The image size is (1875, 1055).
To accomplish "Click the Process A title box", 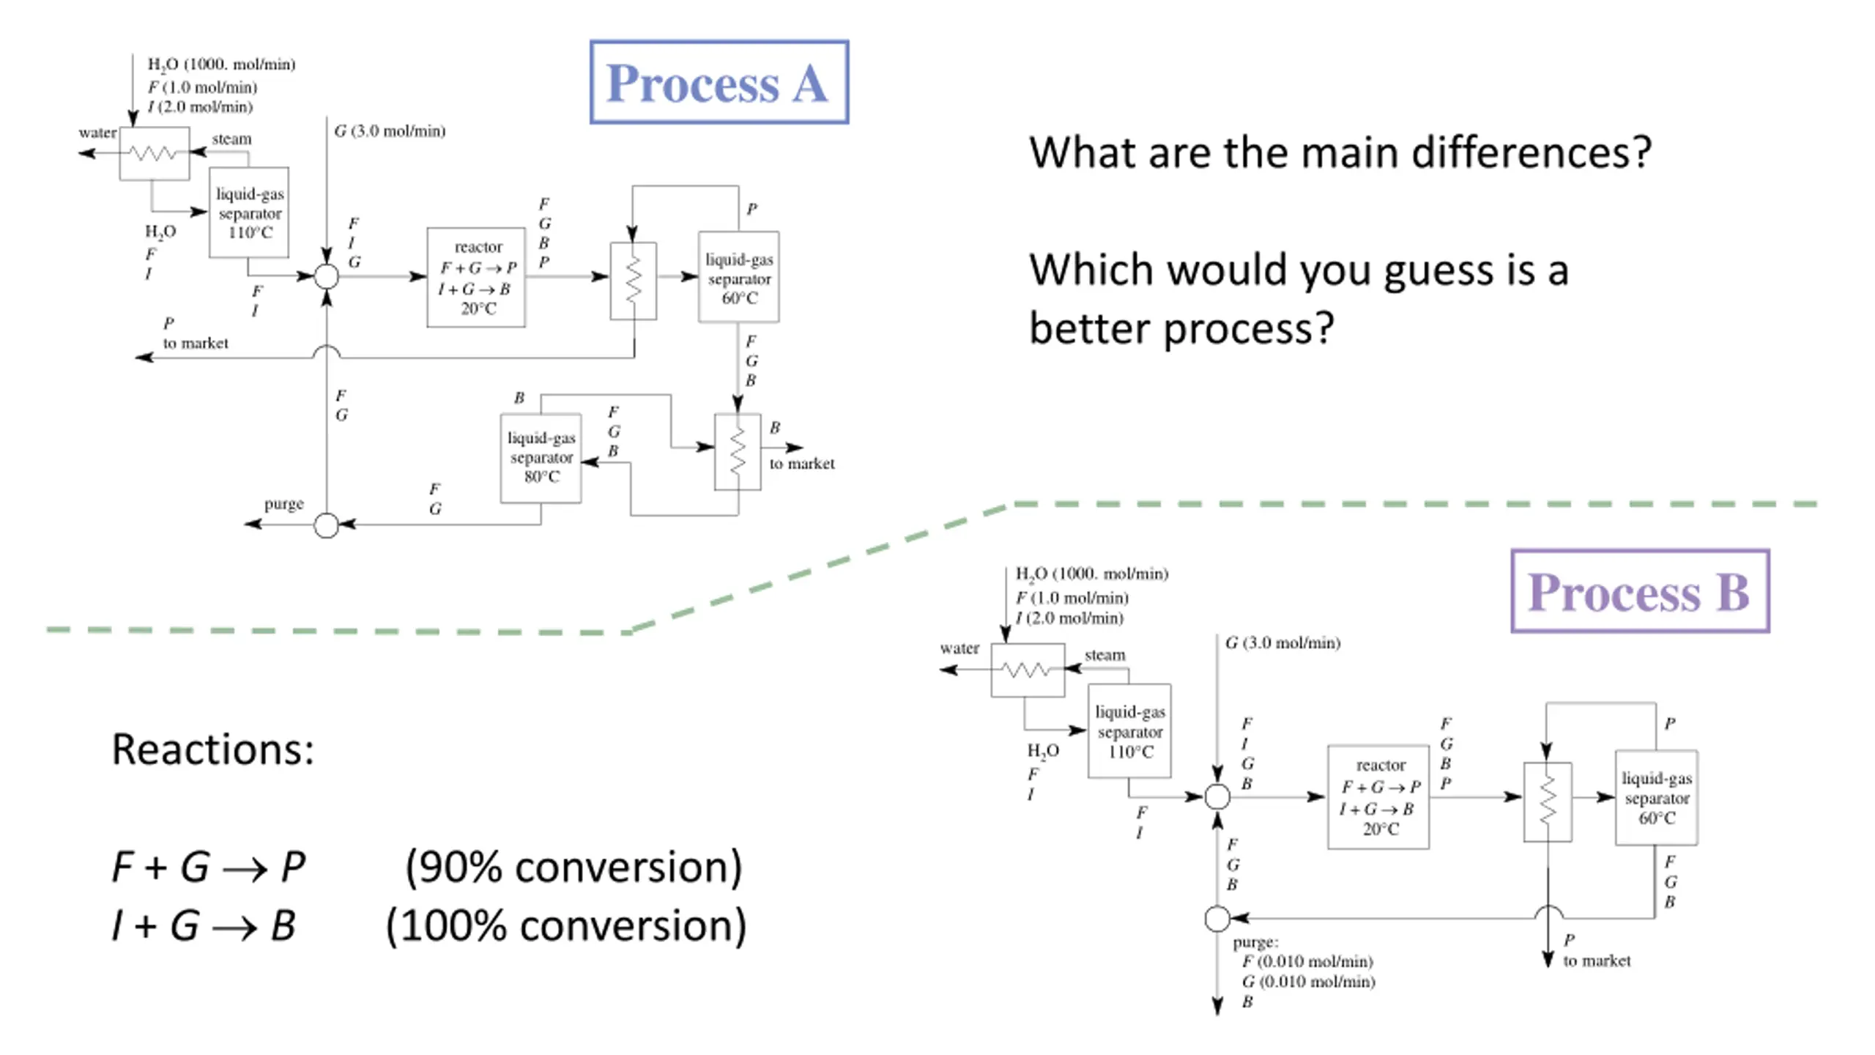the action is coord(719,82).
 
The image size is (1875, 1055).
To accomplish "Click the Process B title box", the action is coord(1640,591).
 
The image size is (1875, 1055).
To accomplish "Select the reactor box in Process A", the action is coord(476,277).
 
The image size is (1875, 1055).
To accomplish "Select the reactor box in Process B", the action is coord(1378,797).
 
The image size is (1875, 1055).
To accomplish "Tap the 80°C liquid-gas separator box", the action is coord(541,458).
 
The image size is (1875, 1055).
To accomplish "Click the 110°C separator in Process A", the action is coord(249,212).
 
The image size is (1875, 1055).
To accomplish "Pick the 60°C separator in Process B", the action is coord(1657,797).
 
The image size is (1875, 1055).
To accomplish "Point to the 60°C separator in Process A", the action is coord(738,277).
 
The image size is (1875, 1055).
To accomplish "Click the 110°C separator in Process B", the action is coord(1129,731).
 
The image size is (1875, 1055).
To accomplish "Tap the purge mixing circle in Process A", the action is coord(326,525).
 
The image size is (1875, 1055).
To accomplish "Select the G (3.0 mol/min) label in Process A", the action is coord(390,131).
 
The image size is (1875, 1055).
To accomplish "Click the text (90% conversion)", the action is coord(573,867).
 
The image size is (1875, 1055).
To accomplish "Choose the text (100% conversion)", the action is coord(566,925).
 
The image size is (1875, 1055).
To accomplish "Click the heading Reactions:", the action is coord(213,749).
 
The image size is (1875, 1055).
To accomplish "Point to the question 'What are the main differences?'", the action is coord(1340,152).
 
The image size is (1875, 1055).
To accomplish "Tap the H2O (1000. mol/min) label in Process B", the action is coord(1092,574).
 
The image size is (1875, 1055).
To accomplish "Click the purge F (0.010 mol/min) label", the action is coord(1307,961).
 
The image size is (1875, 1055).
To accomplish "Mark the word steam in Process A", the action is coord(231,138).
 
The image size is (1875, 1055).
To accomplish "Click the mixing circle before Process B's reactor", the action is coord(1217,796).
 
